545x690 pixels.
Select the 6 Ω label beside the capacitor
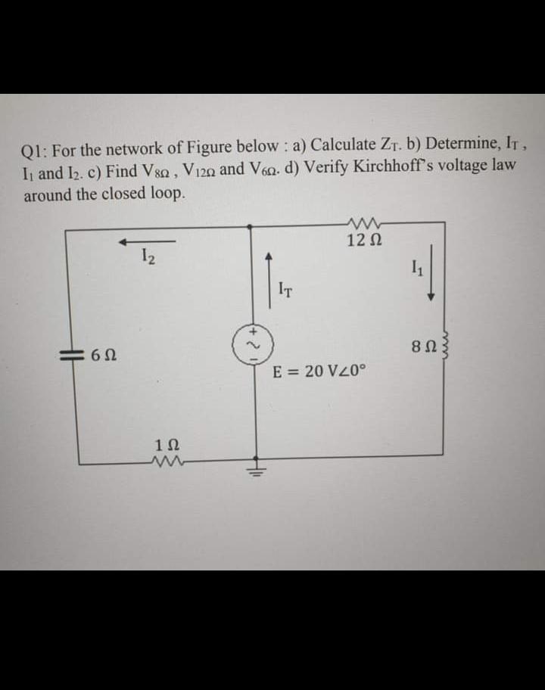[103, 353]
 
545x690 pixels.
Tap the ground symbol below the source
[256, 466]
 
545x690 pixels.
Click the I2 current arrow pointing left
[145, 242]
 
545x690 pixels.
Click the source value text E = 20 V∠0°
[319, 371]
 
